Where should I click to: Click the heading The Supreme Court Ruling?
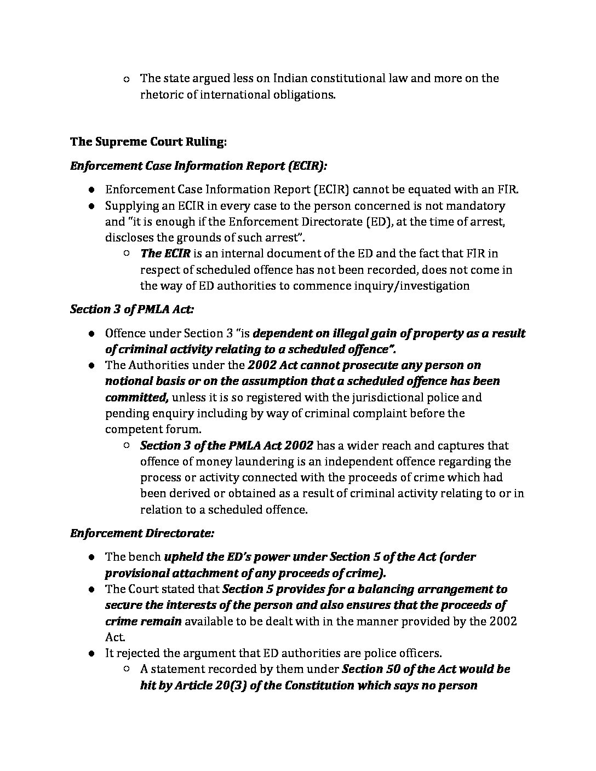click(x=148, y=142)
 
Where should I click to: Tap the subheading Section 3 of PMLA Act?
click(x=131, y=309)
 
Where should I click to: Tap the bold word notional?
click(x=128, y=381)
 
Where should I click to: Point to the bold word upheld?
click(x=182, y=557)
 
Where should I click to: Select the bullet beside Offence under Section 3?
click(x=93, y=333)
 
